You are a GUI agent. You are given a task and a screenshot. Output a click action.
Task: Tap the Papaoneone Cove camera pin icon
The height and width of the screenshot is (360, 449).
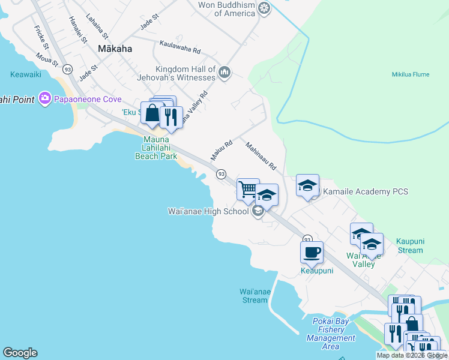click(44, 98)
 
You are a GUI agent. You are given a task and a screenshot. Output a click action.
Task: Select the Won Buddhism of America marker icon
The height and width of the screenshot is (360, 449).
click(264, 8)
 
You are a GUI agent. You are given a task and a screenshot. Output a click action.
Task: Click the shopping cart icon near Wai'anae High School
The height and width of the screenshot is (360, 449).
click(247, 190)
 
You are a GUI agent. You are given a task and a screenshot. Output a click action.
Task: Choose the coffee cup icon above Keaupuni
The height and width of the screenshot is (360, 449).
click(311, 252)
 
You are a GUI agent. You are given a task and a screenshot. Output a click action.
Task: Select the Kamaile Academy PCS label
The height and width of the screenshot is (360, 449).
click(366, 192)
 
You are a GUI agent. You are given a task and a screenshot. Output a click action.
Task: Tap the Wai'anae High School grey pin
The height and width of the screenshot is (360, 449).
click(258, 211)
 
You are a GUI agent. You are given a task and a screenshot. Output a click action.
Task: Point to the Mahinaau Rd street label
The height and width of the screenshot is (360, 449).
click(260, 155)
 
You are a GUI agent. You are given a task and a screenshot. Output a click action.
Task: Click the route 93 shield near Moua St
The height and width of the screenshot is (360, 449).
click(67, 69)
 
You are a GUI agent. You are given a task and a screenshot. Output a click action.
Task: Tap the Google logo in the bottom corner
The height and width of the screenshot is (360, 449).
click(20, 353)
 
